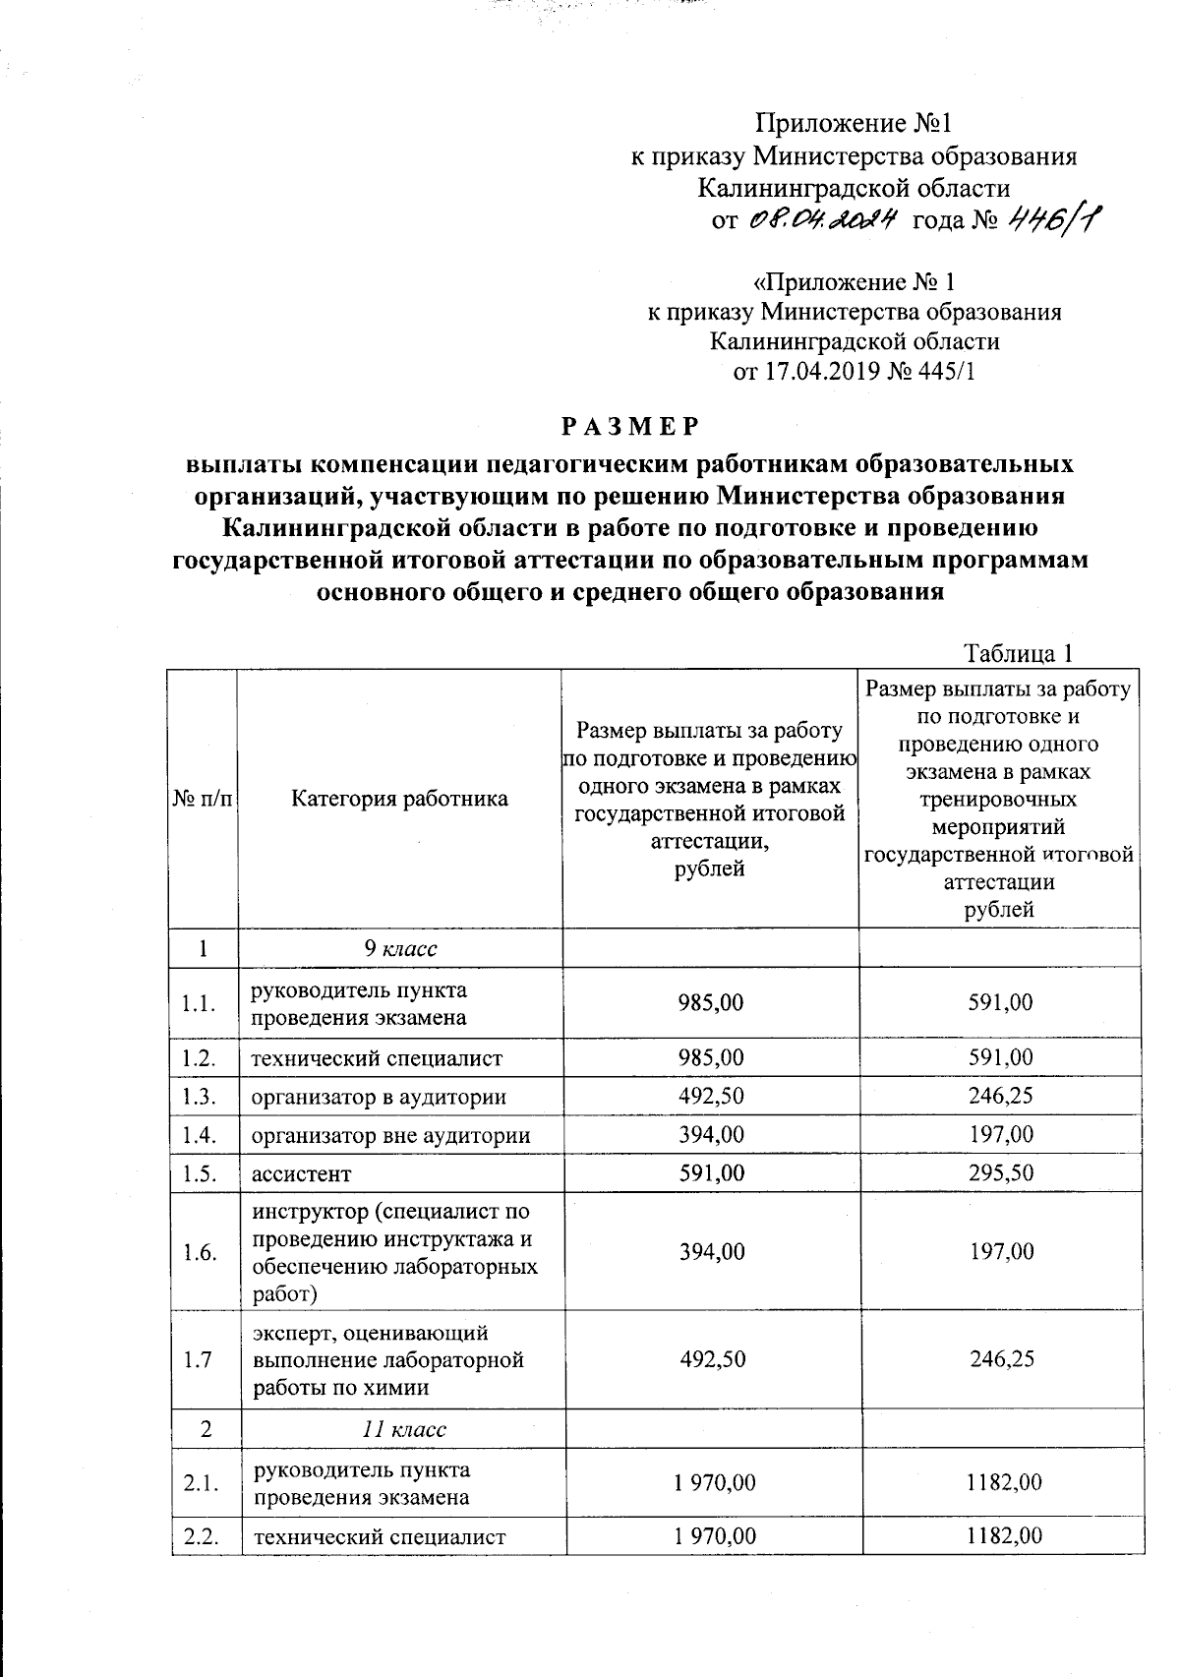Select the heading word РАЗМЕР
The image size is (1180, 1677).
[x=630, y=426]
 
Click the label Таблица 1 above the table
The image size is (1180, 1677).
[x=1017, y=654]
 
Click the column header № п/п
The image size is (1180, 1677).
[x=204, y=799]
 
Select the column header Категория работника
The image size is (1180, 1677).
[x=399, y=799]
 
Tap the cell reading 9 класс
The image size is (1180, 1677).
[x=399, y=949]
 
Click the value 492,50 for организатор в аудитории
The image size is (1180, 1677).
[x=711, y=1097]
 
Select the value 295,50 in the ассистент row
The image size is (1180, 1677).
[x=999, y=1173]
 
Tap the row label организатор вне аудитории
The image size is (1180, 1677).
[x=390, y=1136]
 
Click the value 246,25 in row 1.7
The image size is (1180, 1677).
[x=999, y=1359]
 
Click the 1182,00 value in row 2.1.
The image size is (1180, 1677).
[x=1003, y=1482]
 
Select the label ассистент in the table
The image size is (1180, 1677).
[x=301, y=1174]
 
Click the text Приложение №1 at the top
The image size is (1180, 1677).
[x=854, y=124]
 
